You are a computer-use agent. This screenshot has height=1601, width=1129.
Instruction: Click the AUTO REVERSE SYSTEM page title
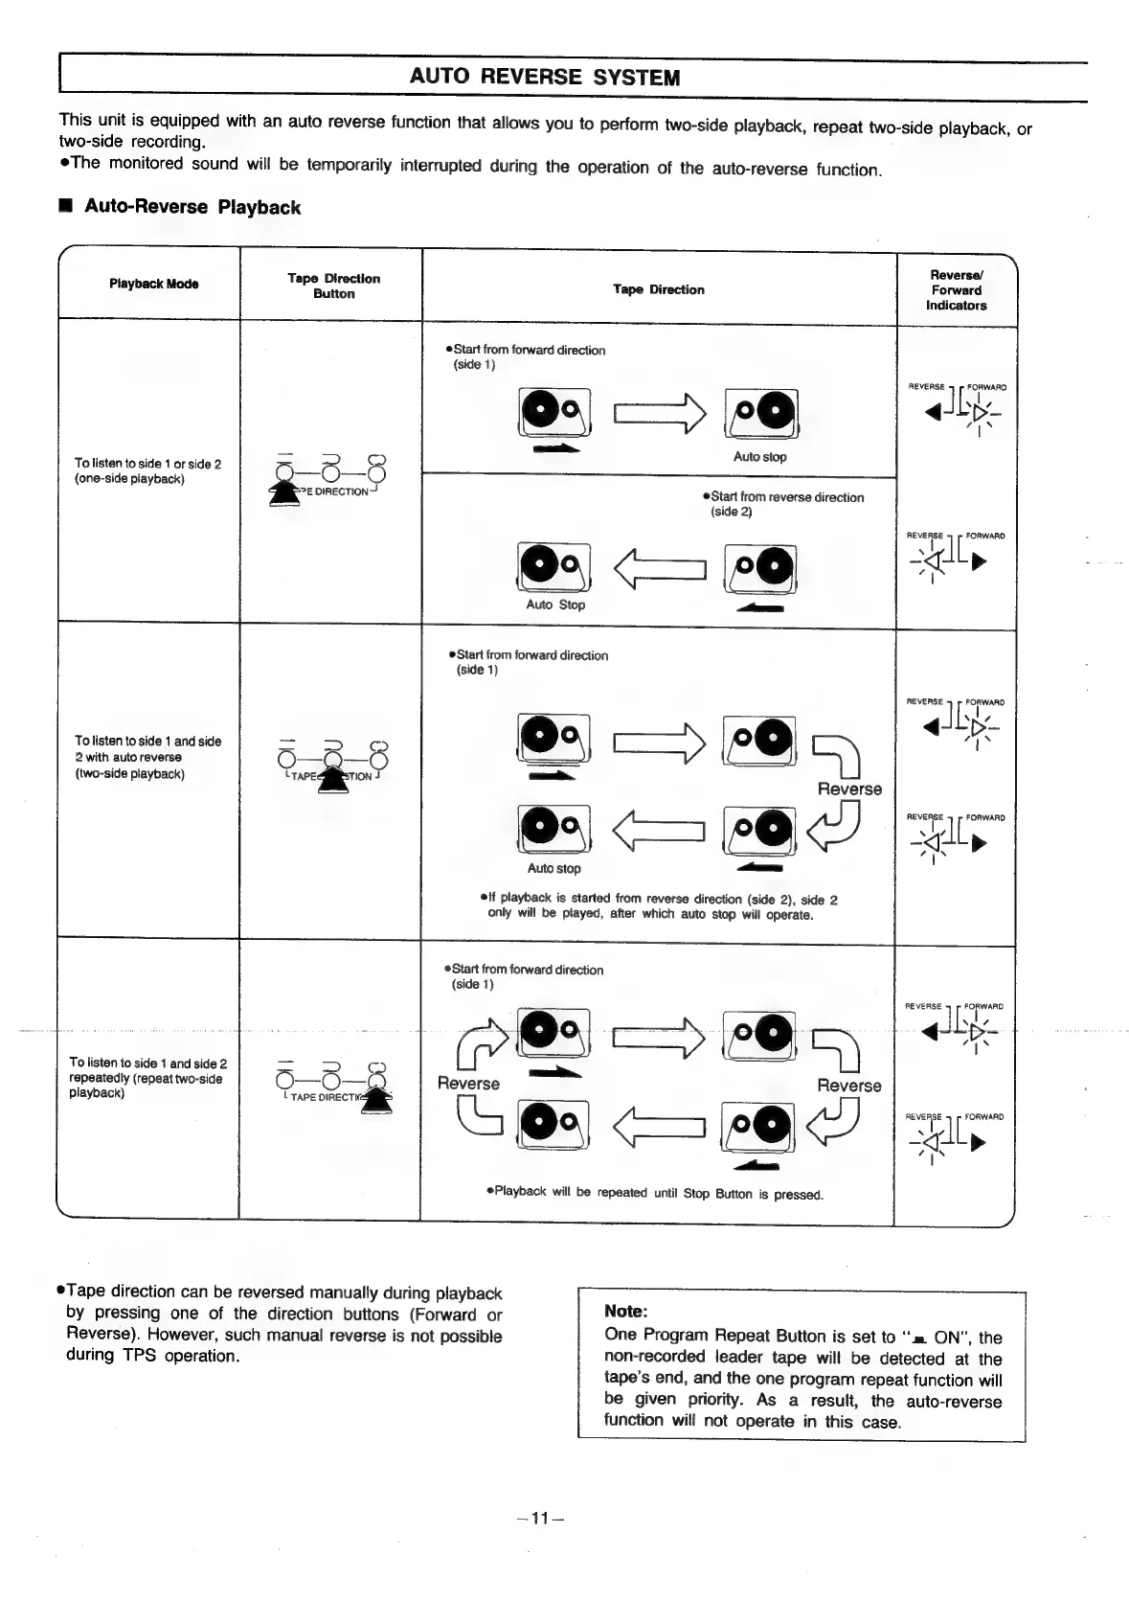[x=544, y=78]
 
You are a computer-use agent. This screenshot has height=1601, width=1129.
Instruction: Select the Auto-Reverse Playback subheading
[x=192, y=207]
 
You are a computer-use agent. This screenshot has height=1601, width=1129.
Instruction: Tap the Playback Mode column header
[x=153, y=284]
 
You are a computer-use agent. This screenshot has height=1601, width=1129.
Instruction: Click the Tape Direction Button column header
[x=333, y=286]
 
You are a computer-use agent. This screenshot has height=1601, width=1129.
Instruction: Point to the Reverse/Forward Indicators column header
[x=956, y=290]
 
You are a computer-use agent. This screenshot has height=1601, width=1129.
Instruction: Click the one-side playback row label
[x=147, y=471]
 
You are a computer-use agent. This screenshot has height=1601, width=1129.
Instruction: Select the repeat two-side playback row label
[x=147, y=1078]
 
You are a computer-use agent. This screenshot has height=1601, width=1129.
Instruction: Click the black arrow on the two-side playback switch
[x=332, y=776]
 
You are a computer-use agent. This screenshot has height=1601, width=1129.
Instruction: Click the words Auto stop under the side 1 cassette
[x=759, y=457]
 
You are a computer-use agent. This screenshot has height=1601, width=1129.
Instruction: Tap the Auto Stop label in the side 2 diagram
[x=555, y=605]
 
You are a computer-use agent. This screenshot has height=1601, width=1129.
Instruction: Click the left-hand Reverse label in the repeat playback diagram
[x=468, y=1084]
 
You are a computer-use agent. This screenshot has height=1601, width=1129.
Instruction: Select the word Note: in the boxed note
[x=626, y=1311]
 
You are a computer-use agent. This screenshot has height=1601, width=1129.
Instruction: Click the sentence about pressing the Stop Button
[x=655, y=1193]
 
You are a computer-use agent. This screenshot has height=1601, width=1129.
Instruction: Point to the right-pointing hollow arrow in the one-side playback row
[x=660, y=413]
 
